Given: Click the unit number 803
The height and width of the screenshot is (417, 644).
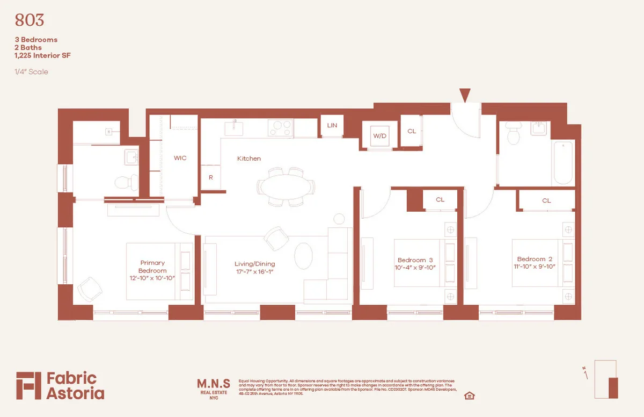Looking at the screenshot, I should [30, 20].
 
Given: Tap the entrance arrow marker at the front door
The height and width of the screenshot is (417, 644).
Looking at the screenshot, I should [465, 95].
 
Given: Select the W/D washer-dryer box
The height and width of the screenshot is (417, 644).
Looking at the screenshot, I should [380, 135].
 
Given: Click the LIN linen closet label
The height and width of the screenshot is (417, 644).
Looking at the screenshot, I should [332, 125].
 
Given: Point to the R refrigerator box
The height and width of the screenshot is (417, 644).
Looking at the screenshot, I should [210, 177].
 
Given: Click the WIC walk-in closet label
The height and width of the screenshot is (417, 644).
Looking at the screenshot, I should [180, 158].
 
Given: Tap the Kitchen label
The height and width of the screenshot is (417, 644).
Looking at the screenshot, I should [249, 159].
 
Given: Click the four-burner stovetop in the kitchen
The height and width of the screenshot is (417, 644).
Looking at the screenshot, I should [280, 128].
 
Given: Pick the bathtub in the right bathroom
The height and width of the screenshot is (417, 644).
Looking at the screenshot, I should [562, 162].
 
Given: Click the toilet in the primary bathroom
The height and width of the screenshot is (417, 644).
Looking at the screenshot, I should [125, 183].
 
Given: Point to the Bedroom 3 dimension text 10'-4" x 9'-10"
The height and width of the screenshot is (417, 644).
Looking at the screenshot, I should [415, 267].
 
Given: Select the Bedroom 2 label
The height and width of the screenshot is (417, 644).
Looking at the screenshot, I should [531, 259].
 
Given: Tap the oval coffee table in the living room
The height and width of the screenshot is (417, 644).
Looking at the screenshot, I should [303, 256].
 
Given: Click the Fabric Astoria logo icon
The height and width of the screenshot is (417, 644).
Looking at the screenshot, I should [28, 385].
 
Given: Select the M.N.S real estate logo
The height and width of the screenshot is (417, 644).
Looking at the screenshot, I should [214, 387].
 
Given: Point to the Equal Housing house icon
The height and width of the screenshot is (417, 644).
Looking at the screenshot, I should [470, 396].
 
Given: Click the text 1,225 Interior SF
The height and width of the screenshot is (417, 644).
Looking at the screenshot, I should [42, 55].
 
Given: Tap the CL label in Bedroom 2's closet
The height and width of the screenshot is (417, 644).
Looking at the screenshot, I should [546, 200].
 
